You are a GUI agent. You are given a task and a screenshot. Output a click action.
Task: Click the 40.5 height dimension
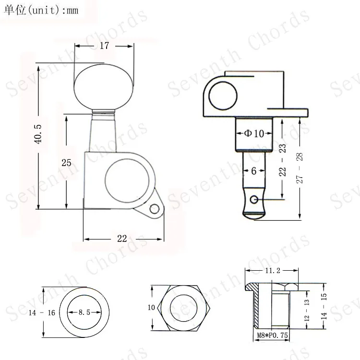pos(38,134)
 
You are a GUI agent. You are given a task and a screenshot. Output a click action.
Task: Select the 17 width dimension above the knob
pos(104,46)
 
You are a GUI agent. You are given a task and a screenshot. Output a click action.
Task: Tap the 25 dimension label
pos(66,163)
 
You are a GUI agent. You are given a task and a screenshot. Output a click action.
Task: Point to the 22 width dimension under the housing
pos(122,239)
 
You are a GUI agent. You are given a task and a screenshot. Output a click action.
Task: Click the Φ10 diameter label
pos(254,133)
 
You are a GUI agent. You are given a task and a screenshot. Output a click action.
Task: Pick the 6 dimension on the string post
pos(254,171)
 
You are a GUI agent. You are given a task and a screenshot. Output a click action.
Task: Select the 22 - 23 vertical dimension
pos(282,160)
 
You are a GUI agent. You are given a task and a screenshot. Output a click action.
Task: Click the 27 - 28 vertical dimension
pos(300,168)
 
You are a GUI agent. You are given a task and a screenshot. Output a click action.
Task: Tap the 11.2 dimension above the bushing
pos(273,271)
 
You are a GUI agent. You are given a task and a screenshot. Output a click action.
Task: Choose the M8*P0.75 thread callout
pos(272,335)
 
